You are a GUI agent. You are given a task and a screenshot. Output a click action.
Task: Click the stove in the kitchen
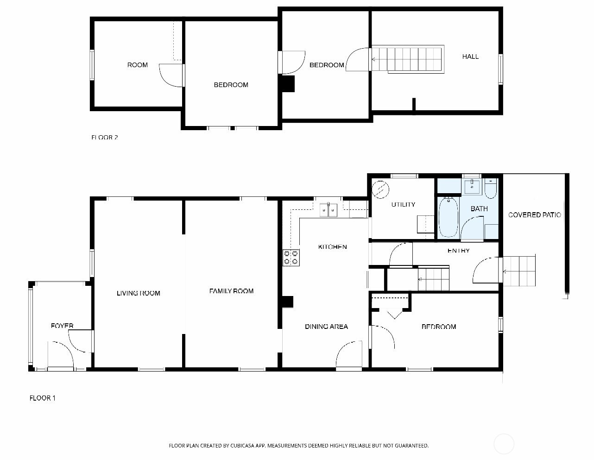tap(291, 258)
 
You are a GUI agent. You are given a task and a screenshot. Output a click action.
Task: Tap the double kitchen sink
tap(329, 210)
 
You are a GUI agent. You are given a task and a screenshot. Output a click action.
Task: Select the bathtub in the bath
tap(448, 217)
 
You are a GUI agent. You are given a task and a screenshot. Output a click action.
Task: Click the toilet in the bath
tap(491, 189)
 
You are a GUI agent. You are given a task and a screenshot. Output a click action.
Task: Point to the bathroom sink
tap(472, 187)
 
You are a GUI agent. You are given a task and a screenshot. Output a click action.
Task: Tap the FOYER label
tap(62, 326)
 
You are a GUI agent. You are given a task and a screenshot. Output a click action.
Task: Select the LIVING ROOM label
tap(138, 293)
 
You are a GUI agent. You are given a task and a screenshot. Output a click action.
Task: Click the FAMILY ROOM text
tap(231, 291)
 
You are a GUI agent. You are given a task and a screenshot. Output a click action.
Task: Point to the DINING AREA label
tap(326, 327)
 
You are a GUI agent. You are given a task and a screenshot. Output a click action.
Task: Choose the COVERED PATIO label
tap(534, 215)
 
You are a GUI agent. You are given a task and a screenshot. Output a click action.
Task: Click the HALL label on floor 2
tap(470, 57)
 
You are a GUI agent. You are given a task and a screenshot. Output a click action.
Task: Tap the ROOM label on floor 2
tap(138, 65)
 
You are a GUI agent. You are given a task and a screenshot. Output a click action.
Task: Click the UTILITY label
tap(403, 204)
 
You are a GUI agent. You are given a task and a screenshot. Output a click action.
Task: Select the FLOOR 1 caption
tap(43, 398)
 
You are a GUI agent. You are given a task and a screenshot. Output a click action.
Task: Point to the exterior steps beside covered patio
tap(519, 271)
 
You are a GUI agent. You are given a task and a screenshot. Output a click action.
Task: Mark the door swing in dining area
tap(348, 355)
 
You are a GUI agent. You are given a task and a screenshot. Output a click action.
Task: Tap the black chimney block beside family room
tap(288, 302)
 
